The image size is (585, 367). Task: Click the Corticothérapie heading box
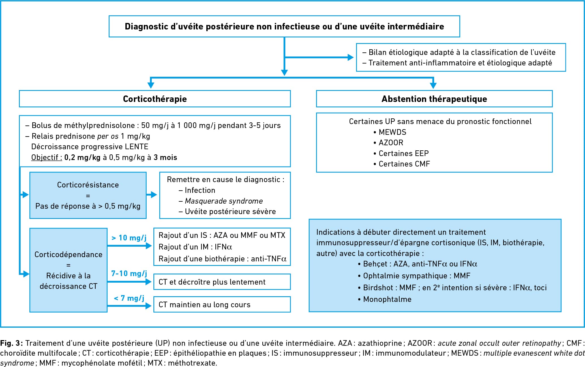[x=155, y=99]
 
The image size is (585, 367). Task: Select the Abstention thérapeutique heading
[x=434, y=99]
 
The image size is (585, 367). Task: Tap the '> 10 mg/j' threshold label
[x=129, y=238]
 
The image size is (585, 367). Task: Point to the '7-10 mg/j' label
[x=129, y=274]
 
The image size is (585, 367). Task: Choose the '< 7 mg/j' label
[x=129, y=298]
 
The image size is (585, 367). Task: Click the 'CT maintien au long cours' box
[x=222, y=304]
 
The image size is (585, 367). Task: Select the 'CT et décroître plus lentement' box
[x=222, y=282]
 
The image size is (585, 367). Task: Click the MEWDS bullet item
[x=390, y=132]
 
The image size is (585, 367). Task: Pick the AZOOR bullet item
[x=388, y=143]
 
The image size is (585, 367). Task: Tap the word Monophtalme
[x=387, y=299]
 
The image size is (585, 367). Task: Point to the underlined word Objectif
[x=46, y=157]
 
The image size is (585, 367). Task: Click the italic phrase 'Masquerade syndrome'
[x=224, y=201]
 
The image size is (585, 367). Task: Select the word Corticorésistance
[x=88, y=185]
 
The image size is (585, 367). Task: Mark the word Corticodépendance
[x=68, y=255]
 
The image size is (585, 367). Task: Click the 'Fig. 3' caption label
[x=11, y=343]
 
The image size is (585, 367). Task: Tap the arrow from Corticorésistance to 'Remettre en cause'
[x=152, y=195]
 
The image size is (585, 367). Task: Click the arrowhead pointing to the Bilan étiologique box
[x=351, y=57]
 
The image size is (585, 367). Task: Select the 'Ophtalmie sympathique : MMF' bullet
[x=414, y=276]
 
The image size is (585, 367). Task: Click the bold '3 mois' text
[x=165, y=157]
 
